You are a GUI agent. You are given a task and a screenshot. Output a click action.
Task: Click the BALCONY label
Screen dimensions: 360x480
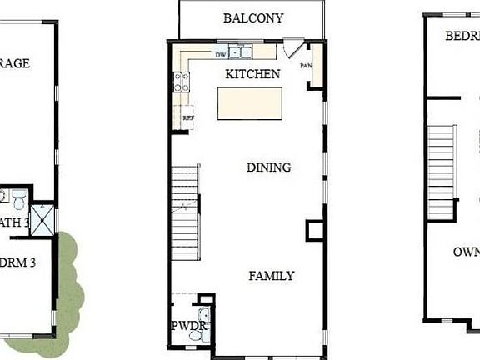(253, 17)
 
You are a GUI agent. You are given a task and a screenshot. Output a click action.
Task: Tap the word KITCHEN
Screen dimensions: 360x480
(252, 74)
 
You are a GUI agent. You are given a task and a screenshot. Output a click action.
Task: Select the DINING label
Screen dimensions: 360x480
(269, 167)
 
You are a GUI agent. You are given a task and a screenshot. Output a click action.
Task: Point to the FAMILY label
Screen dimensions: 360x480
(272, 275)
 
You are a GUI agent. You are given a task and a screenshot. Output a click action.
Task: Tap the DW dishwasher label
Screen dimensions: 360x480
(221, 54)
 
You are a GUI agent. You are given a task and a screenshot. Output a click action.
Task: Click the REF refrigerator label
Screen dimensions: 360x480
(188, 117)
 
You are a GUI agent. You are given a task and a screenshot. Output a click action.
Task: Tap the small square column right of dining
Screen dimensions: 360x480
(315, 229)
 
